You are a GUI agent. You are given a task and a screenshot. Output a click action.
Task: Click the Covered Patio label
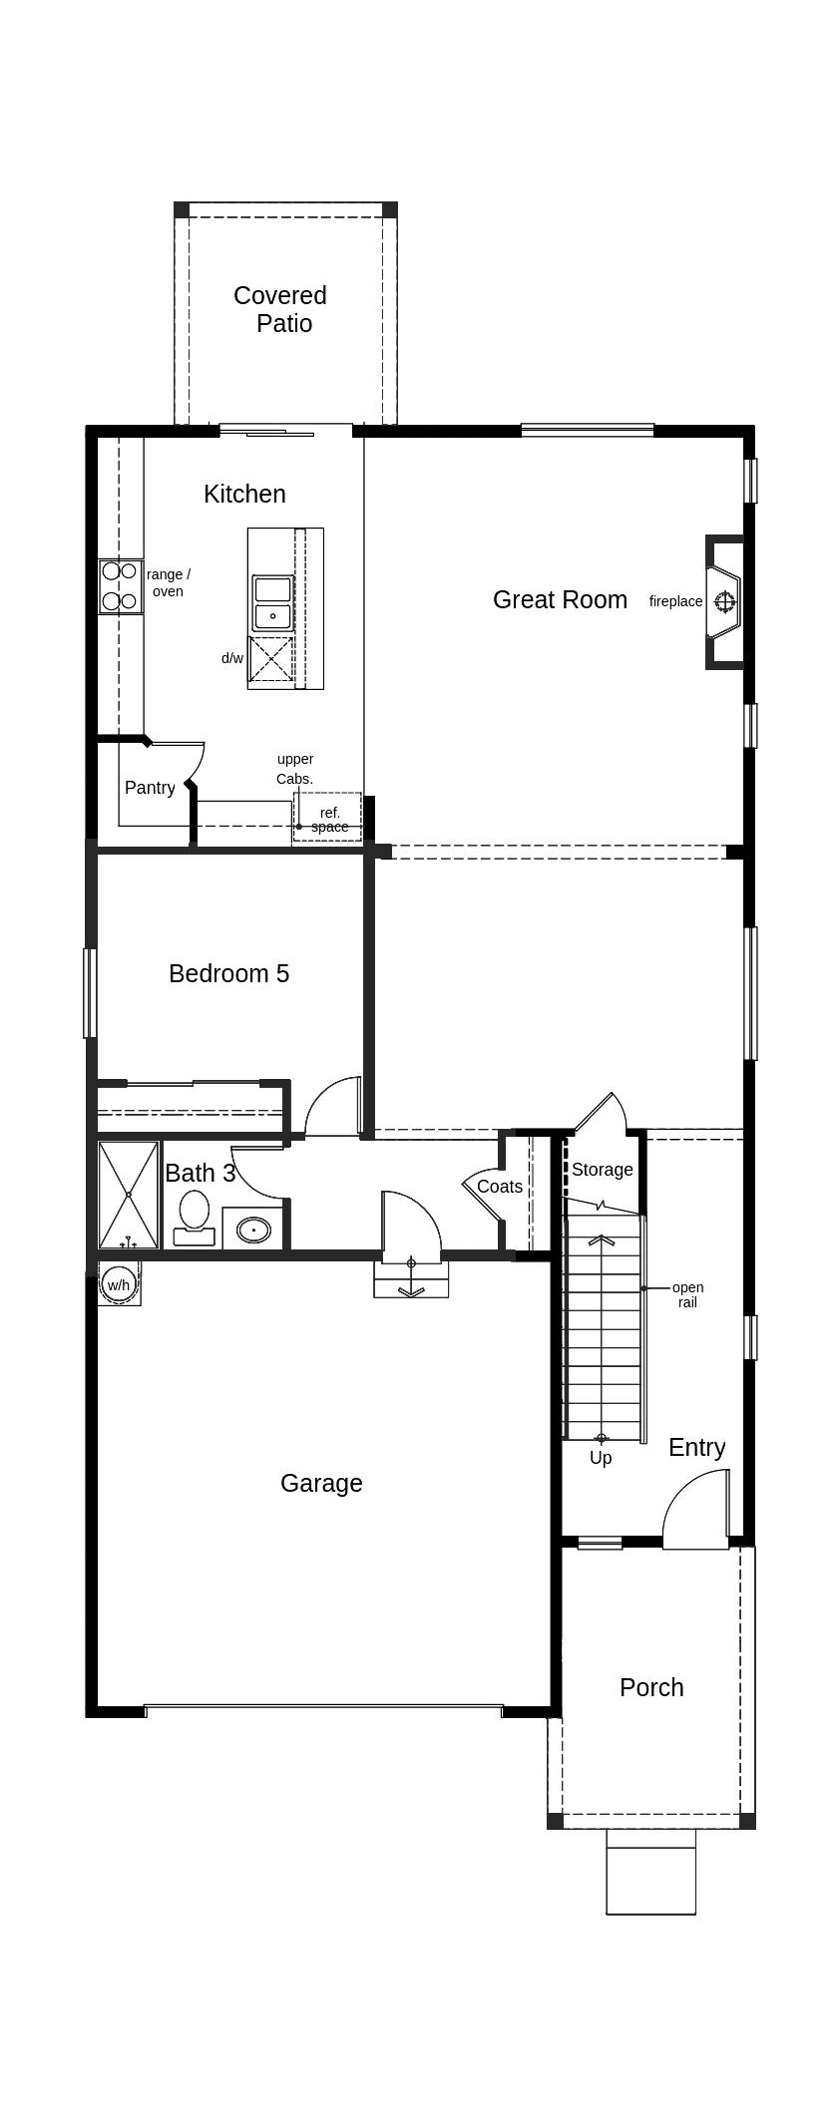tap(280, 309)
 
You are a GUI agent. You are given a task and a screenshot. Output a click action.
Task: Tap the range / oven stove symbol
tap(119, 586)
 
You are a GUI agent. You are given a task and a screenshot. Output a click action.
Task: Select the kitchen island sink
tap(272, 603)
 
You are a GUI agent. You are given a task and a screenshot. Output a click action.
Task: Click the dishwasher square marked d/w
tap(270, 659)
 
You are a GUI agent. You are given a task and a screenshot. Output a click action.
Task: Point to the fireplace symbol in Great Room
tap(724, 601)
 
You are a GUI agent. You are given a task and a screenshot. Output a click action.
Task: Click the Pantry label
tap(150, 788)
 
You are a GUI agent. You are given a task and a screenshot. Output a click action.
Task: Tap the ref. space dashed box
tap(328, 818)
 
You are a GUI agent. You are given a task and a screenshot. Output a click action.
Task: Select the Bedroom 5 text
tap(228, 973)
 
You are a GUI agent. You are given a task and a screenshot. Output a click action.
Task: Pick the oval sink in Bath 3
tap(254, 1230)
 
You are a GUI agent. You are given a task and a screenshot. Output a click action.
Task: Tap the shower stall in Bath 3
tap(129, 1195)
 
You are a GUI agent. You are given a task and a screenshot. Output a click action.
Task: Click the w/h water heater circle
tap(118, 1284)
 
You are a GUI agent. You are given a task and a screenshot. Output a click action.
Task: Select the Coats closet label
tap(499, 1187)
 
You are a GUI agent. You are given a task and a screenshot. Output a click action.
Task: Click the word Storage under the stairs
tap(602, 1170)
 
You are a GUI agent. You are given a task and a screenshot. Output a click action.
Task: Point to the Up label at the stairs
tap(601, 1458)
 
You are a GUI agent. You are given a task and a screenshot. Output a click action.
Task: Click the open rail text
tap(687, 1294)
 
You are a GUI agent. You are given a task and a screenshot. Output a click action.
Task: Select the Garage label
tap(321, 1483)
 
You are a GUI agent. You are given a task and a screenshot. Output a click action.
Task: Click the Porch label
tap(651, 1687)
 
